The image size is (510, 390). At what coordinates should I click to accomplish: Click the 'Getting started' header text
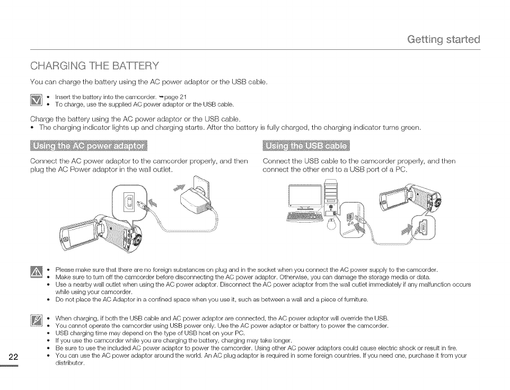443,39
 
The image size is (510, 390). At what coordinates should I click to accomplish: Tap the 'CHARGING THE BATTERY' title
94,66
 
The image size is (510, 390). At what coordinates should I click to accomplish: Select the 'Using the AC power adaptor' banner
89,146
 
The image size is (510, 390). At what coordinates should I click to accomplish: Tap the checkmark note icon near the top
37,101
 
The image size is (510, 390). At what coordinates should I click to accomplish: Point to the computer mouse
331,224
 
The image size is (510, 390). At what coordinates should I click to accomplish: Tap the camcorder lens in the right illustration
438,202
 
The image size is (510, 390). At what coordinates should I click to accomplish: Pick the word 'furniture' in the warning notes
354,299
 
